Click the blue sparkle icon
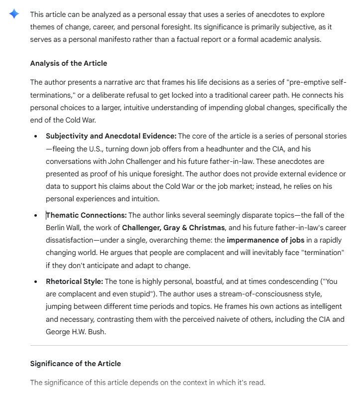click(14, 14)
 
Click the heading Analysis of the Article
click(68, 63)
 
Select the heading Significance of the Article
click(75, 364)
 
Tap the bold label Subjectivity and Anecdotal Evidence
click(111, 135)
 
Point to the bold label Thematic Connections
click(86, 215)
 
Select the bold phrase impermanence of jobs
click(263, 240)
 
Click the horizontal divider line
click(189, 345)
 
